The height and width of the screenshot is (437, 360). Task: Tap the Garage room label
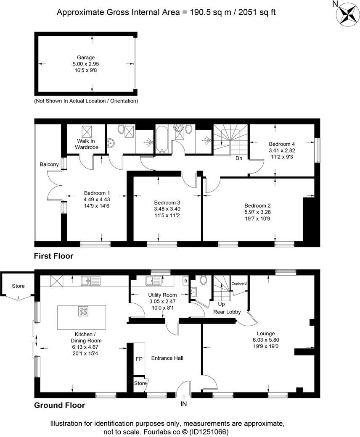[x=85, y=58]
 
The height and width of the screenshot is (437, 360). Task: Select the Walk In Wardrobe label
[x=86, y=144]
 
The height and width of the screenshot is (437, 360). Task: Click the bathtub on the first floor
[x=163, y=141]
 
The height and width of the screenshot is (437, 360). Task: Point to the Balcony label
[x=50, y=164]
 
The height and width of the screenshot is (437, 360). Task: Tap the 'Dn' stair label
[x=238, y=158]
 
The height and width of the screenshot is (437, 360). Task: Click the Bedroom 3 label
[x=167, y=202]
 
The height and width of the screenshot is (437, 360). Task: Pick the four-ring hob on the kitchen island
[x=83, y=311]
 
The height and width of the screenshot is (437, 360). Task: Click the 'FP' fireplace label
[x=139, y=359]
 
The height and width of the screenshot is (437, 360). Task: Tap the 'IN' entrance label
[x=184, y=404]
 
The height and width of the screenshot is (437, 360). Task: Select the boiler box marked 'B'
[x=185, y=280]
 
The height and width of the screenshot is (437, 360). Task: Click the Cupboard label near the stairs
[x=239, y=283]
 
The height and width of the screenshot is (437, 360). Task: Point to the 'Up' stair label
[x=222, y=303]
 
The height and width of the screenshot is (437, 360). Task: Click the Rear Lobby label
[x=227, y=312]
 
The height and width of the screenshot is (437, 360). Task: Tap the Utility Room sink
[x=151, y=280]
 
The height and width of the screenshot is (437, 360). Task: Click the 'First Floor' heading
[x=54, y=256]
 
